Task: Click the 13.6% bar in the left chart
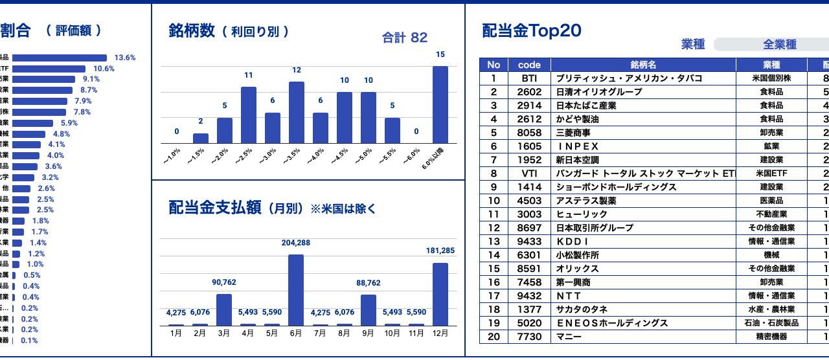[x=60, y=58]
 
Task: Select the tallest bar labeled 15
[x=440, y=104]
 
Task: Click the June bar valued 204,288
[x=296, y=289]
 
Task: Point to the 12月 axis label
[x=440, y=333]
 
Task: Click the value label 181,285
[x=440, y=251]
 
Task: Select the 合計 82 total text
[x=405, y=38]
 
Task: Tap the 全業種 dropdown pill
[x=770, y=45]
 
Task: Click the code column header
[x=529, y=65]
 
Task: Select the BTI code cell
[x=529, y=78]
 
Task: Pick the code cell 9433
[x=529, y=242]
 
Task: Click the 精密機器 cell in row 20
[x=771, y=337]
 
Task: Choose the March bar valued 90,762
[x=224, y=309]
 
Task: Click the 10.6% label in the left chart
[x=104, y=69]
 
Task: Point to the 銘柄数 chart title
[x=191, y=31]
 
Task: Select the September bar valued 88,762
[x=369, y=309]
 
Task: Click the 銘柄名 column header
[x=643, y=65]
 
